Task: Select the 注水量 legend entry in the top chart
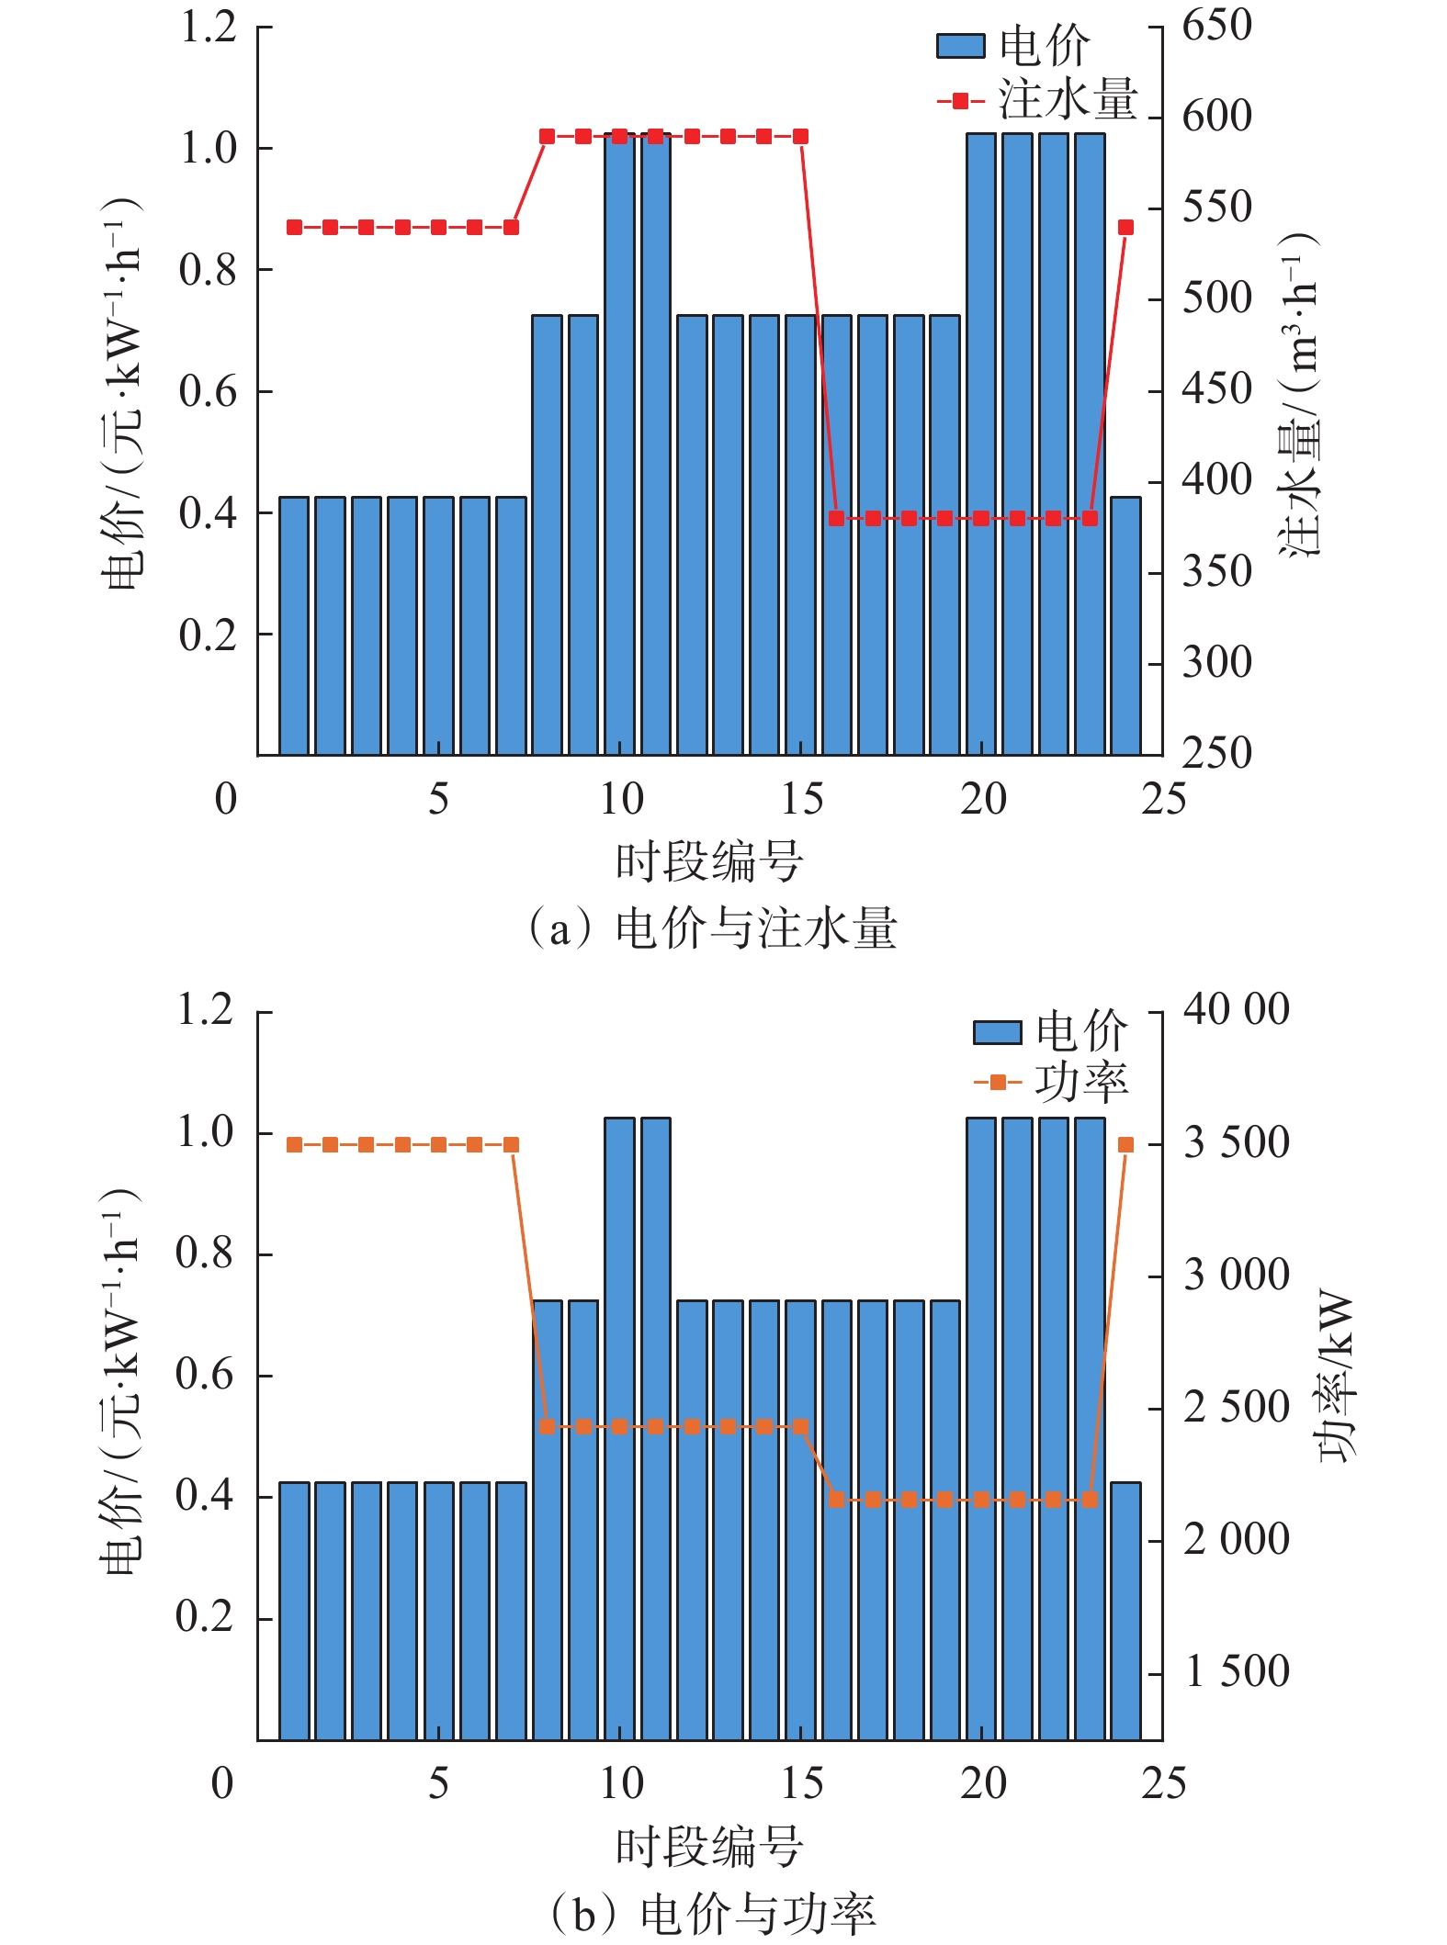[1038, 100]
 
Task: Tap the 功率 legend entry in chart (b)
[1051, 1084]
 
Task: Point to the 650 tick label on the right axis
[1216, 25]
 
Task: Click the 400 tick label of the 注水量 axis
[1216, 480]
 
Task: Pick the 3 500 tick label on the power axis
[1236, 1143]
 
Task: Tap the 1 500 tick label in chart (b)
[1236, 1672]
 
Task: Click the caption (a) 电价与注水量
[712, 928]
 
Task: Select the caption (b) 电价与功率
[712, 1915]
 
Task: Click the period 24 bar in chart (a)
[1125, 625]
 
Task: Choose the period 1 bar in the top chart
[294, 625]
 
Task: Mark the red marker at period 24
[1125, 228]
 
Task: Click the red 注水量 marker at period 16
[836, 519]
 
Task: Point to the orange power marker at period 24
[1125, 1145]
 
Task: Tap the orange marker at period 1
[294, 1145]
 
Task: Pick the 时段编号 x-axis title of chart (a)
[709, 862]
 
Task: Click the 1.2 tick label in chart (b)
[205, 1010]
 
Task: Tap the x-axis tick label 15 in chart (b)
[802, 1783]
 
